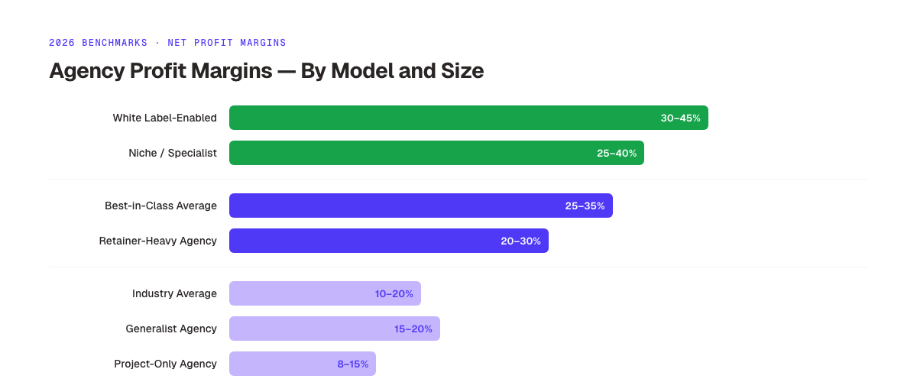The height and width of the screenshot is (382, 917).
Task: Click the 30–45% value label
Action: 680,118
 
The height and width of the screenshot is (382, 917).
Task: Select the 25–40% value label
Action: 616,153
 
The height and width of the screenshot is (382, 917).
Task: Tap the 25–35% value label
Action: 585,206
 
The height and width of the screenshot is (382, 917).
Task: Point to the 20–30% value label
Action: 520,241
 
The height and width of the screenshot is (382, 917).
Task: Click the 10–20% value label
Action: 394,293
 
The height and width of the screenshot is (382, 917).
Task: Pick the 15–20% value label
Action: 413,329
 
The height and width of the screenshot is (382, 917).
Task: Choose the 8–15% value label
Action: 352,364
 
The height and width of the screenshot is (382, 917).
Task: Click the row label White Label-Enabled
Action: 164,118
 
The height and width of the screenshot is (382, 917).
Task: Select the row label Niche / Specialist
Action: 173,153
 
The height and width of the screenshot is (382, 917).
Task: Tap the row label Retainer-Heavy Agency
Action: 157,241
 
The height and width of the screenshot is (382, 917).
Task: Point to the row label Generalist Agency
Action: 171,329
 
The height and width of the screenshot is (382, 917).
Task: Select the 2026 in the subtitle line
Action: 62,43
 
